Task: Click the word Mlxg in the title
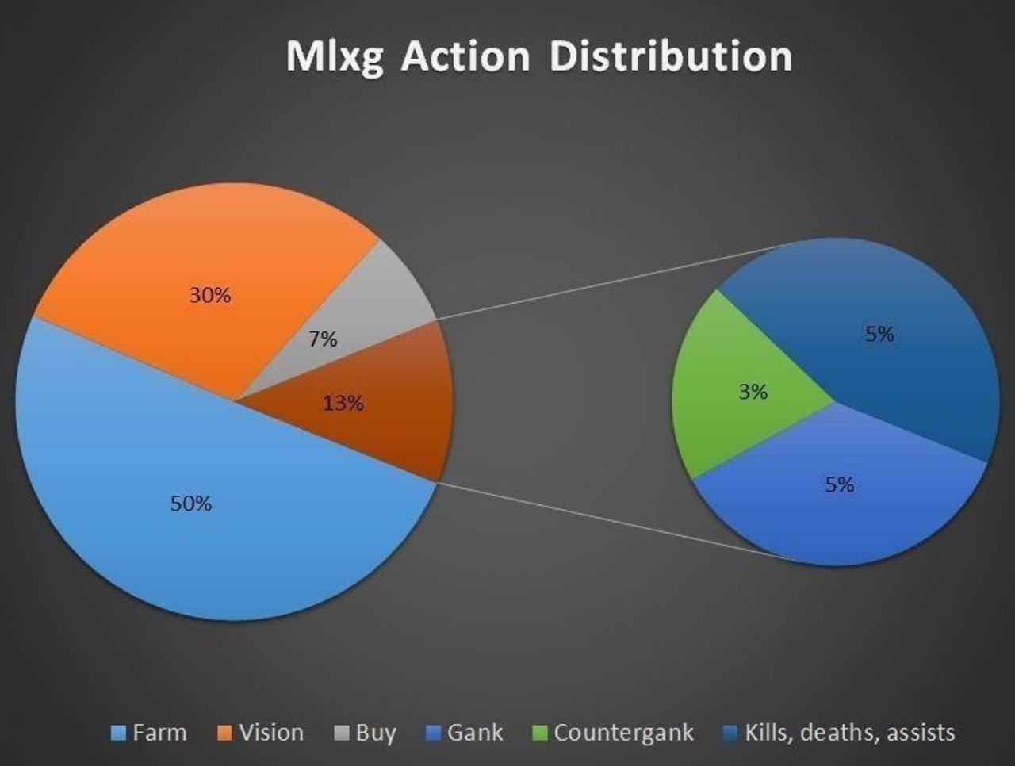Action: pos(335,57)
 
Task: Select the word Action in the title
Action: pos(465,56)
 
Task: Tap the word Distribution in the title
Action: pos(671,56)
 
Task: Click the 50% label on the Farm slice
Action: pos(191,504)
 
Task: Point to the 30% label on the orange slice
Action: pos(210,295)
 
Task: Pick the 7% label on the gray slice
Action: pos(324,339)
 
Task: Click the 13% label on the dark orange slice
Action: pos(343,404)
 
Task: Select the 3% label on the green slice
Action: pos(753,392)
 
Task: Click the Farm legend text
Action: pos(160,733)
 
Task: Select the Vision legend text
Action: pos(271,733)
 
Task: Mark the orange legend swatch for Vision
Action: pos(224,733)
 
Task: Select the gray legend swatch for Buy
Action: pos(341,733)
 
